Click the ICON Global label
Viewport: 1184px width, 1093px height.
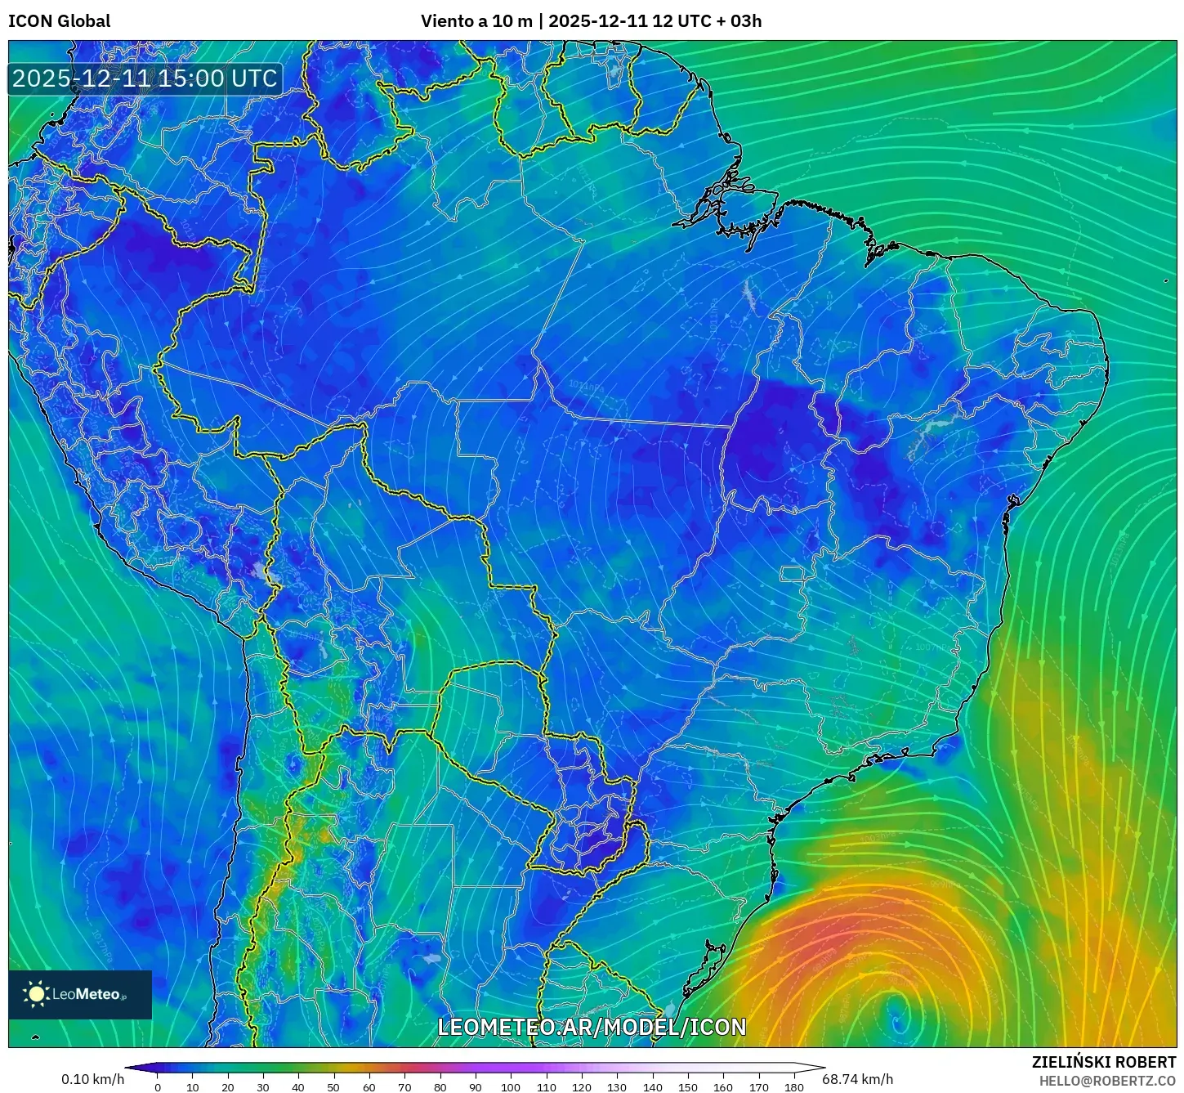pyautogui.click(x=59, y=21)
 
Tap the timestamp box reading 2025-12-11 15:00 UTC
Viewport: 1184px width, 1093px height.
pyautogui.click(x=145, y=78)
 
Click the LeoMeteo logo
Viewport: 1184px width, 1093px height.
pyautogui.click(x=80, y=994)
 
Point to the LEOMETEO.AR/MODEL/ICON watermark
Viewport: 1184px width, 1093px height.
pyautogui.click(x=592, y=1027)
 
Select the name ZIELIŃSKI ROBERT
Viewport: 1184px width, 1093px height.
pyautogui.click(x=1103, y=1062)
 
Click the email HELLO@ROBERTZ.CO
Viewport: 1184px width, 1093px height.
pyautogui.click(x=1107, y=1081)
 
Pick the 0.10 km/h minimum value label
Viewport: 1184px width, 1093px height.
pyautogui.click(x=92, y=1079)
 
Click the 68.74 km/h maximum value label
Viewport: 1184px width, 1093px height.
pyautogui.click(x=857, y=1079)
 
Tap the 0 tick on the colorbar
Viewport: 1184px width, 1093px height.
pyautogui.click(x=158, y=1087)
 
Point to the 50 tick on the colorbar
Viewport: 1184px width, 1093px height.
pyautogui.click(x=333, y=1087)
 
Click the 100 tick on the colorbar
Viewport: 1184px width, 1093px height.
pyautogui.click(x=511, y=1087)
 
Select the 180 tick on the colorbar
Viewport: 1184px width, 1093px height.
pyautogui.click(x=793, y=1087)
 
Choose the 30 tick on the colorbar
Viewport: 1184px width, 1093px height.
pyautogui.click(x=263, y=1087)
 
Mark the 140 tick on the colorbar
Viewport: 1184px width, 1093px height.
pyautogui.click(x=652, y=1087)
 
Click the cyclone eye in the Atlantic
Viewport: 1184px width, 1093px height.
pyautogui.click(x=897, y=1017)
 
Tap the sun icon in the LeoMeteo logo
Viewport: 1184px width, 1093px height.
pyautogui.click(x=37, y=994)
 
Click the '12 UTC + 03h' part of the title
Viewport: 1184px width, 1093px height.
pyautogui.click(x=707, y=21)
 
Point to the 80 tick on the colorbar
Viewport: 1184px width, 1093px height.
pyautogui.click(x=440, y=1087)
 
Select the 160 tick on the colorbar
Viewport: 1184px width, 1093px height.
pyautogui.click(x=723, y=1087)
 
